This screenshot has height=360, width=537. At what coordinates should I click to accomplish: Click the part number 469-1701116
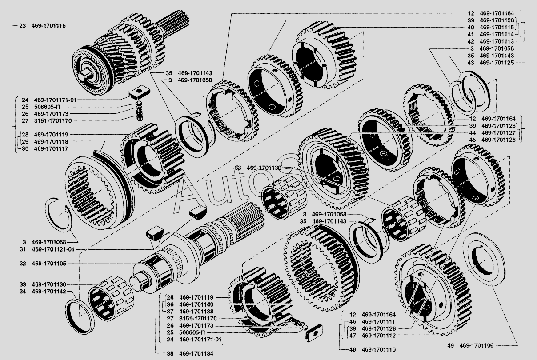tap(48, 26)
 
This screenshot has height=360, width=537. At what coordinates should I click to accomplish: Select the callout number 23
tap(22, 26)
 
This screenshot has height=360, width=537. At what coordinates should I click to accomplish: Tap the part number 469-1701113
tap(497, 41)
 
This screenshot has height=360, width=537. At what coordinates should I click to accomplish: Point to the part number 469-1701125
tap(497, 63)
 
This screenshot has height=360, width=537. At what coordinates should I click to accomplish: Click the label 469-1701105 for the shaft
tap(49, 264)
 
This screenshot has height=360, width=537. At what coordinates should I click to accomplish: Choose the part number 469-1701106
tap(477, 345)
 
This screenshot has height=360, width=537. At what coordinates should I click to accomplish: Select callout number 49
tap(450, 345)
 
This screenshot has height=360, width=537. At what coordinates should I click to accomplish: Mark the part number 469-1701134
tap(196, 353)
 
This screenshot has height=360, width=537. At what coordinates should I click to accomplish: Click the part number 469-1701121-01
tap(53, 249)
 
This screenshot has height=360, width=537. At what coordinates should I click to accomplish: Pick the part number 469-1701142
tap(49, 292)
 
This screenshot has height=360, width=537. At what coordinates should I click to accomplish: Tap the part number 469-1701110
tap(379, 349)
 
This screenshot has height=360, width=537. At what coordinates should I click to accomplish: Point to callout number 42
tap(471, 41)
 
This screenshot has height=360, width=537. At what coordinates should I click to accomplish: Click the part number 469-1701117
tap(51, 148)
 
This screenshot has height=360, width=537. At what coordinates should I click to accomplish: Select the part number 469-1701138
tap(196, 312)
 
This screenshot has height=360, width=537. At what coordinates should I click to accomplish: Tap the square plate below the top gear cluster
tap(139, 92)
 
